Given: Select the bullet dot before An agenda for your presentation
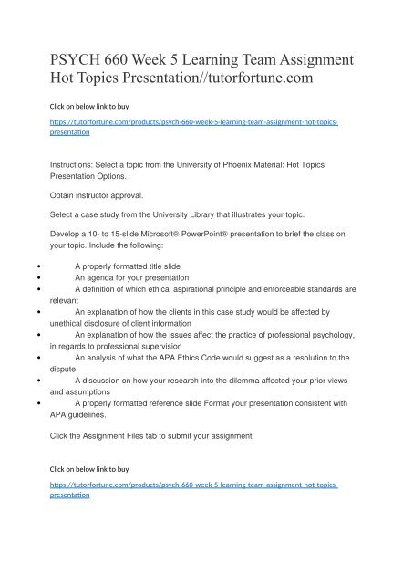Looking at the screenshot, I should coord(35,276).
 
